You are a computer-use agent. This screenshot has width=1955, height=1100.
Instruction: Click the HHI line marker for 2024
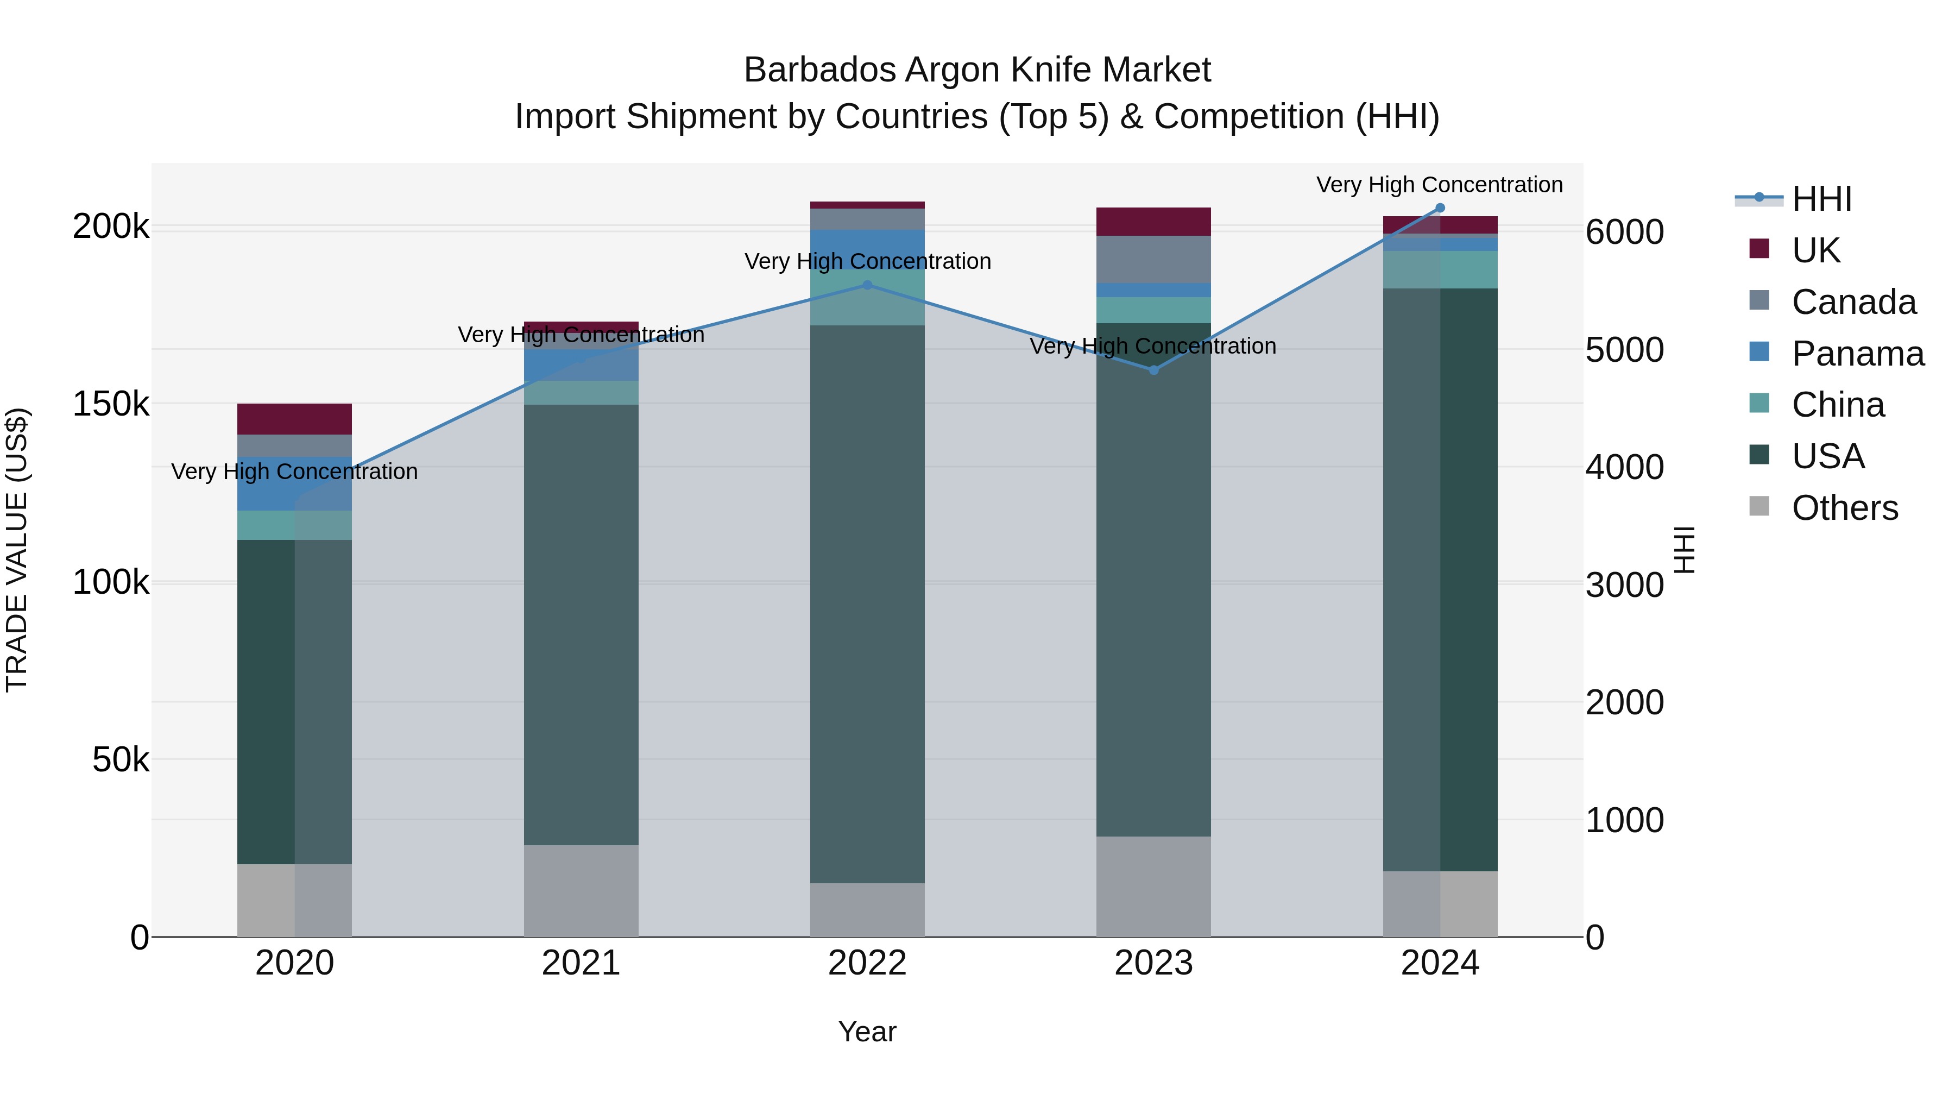coord(1440,208)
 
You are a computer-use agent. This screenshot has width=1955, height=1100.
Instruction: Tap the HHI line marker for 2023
coord(1153,370)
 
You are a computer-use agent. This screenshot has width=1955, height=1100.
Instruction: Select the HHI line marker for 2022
coord(867,285)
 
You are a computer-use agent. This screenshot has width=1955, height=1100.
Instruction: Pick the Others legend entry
coord(1844,508)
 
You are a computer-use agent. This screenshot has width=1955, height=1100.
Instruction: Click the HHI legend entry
coord(1821,199)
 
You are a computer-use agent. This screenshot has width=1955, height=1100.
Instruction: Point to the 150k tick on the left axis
coord(111,404)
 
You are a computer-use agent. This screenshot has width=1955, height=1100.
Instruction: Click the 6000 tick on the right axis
coord(1624,232)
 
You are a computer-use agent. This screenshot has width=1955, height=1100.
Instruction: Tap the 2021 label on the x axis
coord(581,963)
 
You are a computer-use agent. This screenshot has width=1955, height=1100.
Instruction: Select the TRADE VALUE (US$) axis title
coord(17,550)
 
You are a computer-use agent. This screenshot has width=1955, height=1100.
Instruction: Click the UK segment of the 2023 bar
coord(1153,222)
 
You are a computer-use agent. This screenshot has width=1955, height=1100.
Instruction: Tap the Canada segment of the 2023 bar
coord(1153,259)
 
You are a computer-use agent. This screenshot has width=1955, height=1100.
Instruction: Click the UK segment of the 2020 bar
coord(294,419)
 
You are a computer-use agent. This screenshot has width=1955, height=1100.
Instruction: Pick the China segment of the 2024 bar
coord(1440,269)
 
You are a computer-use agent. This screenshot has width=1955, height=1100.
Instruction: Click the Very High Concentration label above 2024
coord(1439,185)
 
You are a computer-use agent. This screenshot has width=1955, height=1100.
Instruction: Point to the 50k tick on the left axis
coord(121,759)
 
